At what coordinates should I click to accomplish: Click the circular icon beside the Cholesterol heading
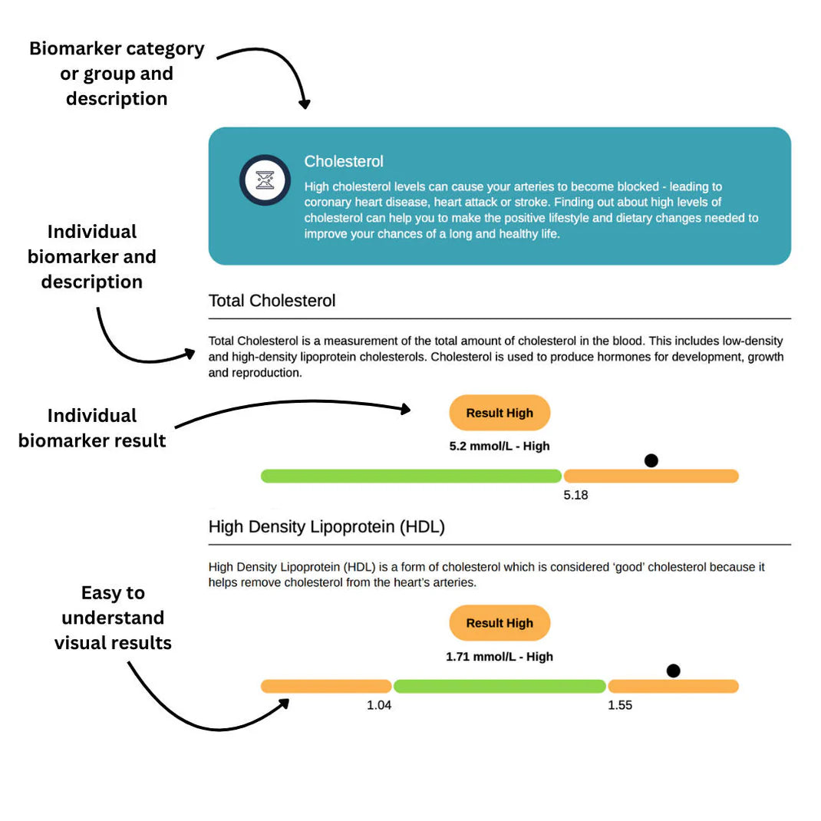point(265,180)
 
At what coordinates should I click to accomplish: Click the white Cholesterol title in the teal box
point(344,162)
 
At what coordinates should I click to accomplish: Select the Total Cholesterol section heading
point(272,301)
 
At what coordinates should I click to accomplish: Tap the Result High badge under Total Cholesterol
point(500,413)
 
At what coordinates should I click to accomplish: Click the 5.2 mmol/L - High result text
point(500,446)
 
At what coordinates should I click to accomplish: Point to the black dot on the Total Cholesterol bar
point(651,460)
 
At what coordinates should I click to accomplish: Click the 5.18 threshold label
point(575,495)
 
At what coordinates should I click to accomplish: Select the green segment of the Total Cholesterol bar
point(411,476)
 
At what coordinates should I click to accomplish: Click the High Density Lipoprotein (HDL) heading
point(327,527)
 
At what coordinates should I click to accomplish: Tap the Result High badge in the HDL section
point(500,623)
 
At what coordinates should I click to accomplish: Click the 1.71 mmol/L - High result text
point(500,656)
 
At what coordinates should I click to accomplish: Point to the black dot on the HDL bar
point(674,671)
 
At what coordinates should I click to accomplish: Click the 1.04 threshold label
point(379,705)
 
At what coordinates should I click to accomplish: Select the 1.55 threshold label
point(620,705)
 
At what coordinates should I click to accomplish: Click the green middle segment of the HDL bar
point(500,686)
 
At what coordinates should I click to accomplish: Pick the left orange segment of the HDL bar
point(326,686)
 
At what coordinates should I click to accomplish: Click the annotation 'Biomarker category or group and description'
point(117,74)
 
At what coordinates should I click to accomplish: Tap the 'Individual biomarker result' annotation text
point(92,428)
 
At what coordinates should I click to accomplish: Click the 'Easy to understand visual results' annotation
point(113,618)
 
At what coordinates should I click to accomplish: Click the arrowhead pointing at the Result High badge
point(406,409)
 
